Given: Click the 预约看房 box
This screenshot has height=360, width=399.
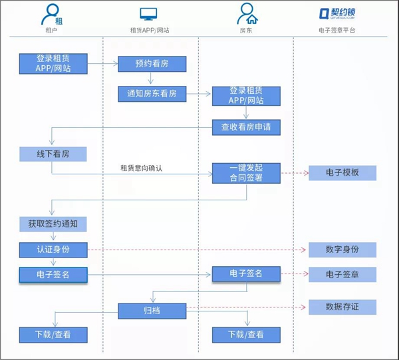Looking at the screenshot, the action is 152,64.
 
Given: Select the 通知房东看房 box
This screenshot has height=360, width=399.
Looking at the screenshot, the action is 152,94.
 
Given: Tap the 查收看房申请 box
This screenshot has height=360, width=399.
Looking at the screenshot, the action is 246,127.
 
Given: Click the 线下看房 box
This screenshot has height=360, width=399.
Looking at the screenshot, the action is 53,154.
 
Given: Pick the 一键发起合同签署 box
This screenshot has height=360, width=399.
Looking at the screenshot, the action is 246,173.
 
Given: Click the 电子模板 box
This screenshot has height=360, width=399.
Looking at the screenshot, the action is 342,173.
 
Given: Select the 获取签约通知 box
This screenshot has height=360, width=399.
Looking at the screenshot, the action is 53,224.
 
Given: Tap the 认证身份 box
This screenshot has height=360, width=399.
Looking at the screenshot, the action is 53,250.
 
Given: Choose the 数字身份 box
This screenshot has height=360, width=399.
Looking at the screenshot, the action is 342,250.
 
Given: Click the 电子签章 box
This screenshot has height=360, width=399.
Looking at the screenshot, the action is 342,274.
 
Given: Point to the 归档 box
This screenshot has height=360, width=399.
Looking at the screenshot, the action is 152,311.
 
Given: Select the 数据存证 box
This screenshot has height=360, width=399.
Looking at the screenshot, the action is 342,307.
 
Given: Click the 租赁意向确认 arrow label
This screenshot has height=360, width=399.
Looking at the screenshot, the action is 141,168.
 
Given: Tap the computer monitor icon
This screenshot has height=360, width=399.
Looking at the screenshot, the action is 148,14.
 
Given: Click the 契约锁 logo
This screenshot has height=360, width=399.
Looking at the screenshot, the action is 337,13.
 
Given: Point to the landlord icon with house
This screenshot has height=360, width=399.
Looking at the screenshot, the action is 247,14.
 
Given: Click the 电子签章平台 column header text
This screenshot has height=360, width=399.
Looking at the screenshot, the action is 336,31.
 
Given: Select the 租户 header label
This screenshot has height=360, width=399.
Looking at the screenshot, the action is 51,31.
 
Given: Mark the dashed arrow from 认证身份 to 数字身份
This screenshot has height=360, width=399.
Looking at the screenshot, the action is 197,250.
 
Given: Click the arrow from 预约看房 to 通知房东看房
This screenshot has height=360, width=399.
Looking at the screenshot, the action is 151,78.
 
